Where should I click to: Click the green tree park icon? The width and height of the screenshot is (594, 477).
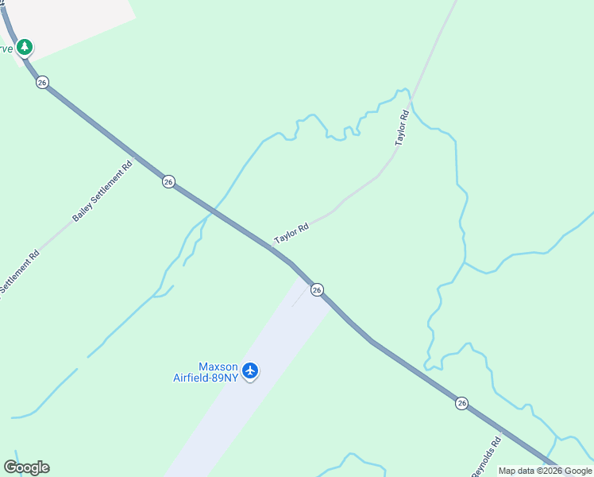click(25, 47)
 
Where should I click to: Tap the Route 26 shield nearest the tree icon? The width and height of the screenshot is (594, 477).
click(42, 82)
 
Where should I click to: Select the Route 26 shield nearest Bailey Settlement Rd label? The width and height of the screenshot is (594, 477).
click(168, 181)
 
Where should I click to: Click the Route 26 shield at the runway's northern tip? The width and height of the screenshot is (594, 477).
click(317, 290)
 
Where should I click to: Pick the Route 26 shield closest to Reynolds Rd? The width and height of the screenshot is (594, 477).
click(461, 403)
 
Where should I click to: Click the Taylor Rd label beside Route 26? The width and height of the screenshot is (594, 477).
click(291, 234)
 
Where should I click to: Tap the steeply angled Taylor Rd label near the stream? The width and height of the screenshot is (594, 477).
click(402, 127)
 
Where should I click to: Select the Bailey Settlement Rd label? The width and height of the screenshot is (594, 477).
click(102, 192)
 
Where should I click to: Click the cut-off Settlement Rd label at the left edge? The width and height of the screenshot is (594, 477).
click(17, 273)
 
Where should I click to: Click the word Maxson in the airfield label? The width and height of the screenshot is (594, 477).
click(218, 367)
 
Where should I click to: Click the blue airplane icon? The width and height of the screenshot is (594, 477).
click(250, 370)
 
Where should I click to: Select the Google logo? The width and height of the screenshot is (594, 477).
click(26, 467)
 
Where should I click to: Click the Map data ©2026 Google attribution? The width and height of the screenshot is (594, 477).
click(545, 471)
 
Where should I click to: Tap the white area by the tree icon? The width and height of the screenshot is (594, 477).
click(79, 20)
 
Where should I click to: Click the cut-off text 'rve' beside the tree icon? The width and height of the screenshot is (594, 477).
click(6, 48)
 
